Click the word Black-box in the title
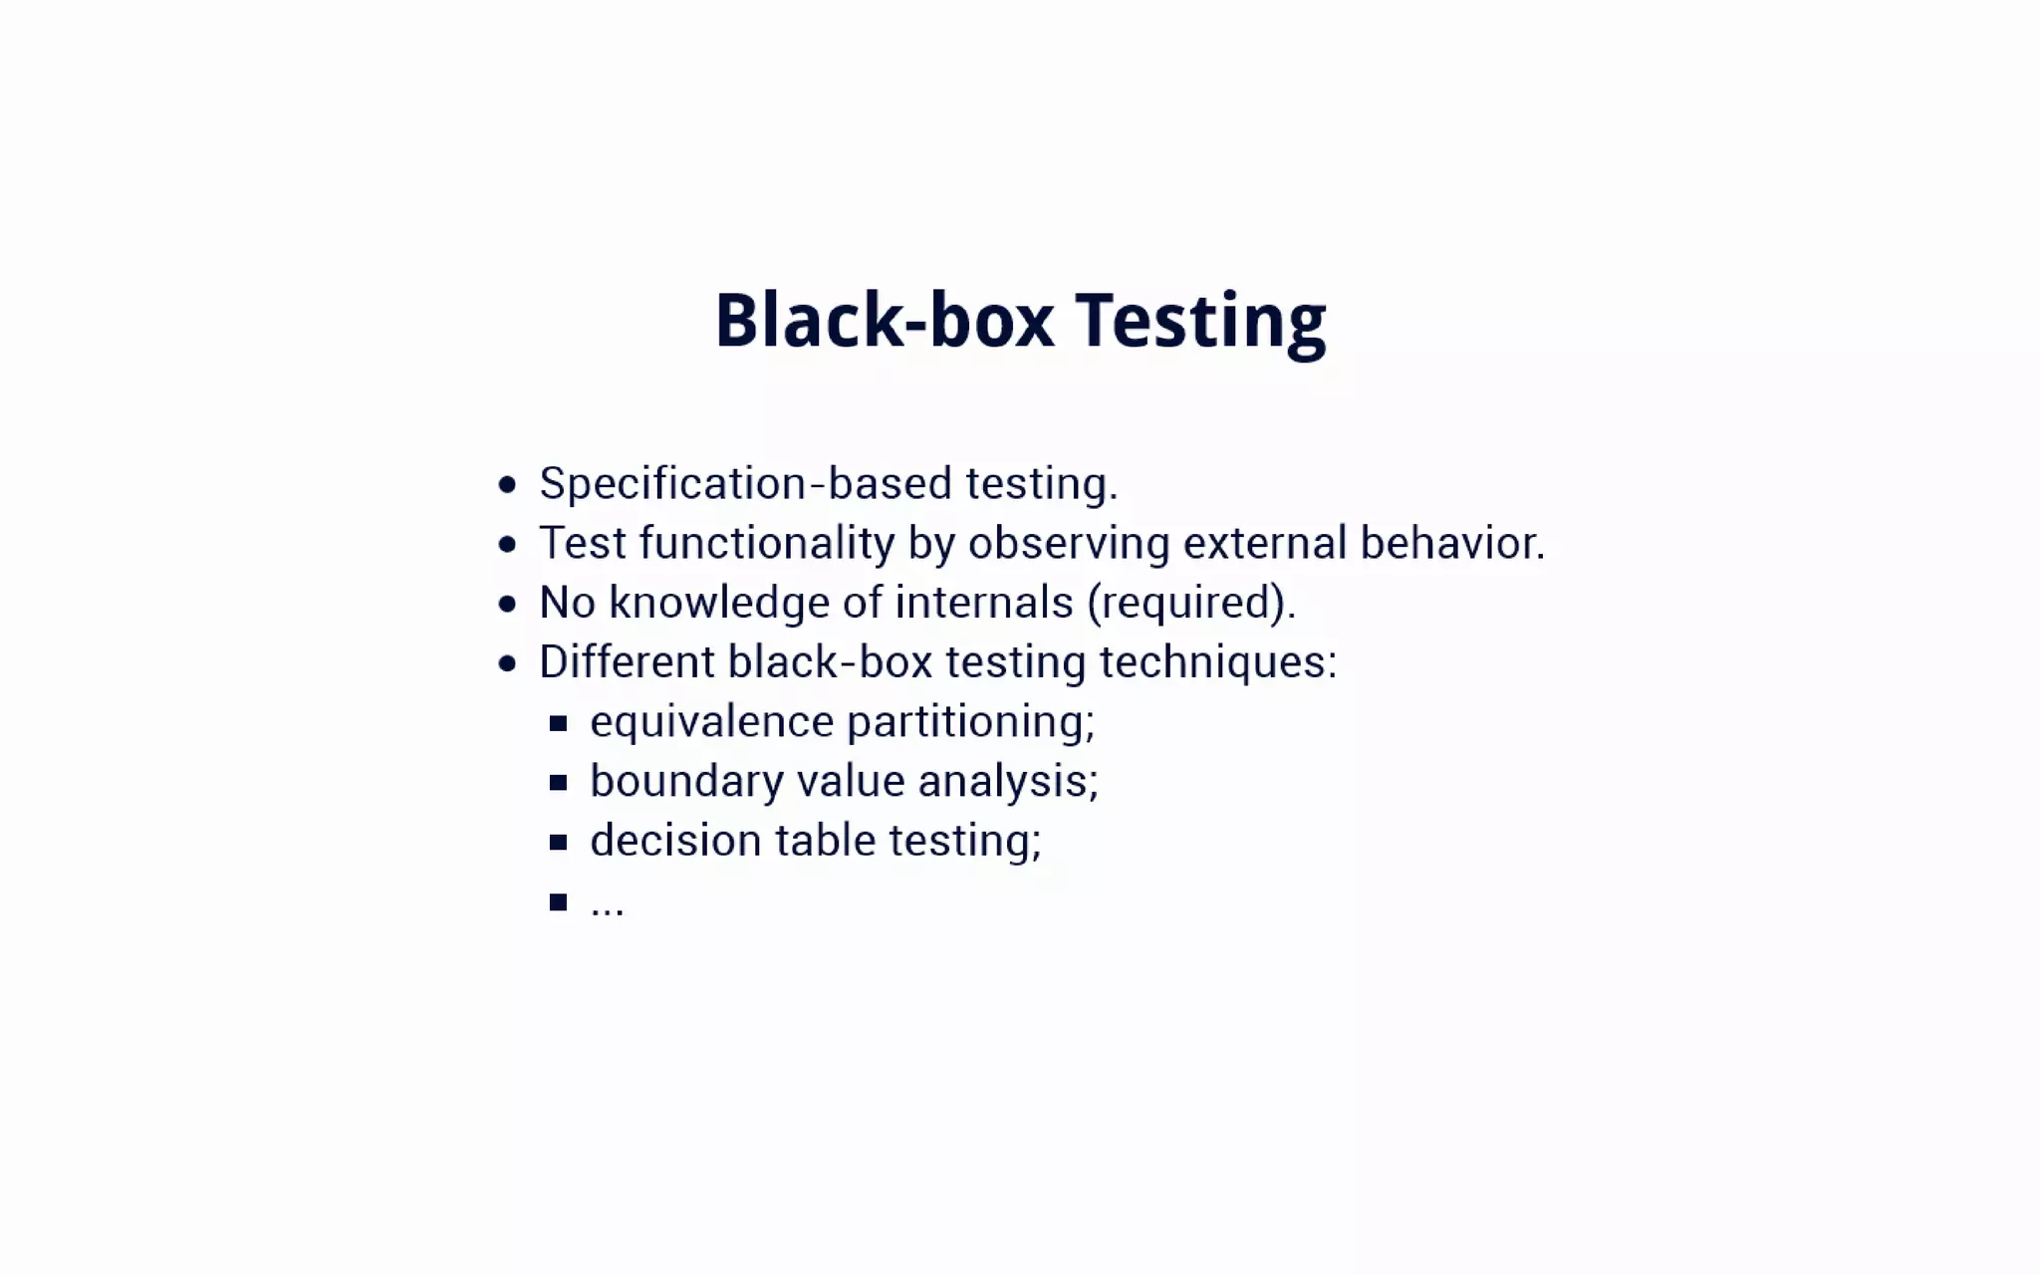(884, 321)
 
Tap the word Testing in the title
(1200, 321)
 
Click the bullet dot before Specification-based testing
(508, 485)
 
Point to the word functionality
(767, 544)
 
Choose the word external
(1265, 544)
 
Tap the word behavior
(1452, 544)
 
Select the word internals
(984, 603)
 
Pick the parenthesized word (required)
(1190, 603)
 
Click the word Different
(627, 662)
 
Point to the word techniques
(1217, 662)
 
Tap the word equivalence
(711, 722)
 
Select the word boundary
(686, 782)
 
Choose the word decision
(675, 842)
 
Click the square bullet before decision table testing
(558, 843)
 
